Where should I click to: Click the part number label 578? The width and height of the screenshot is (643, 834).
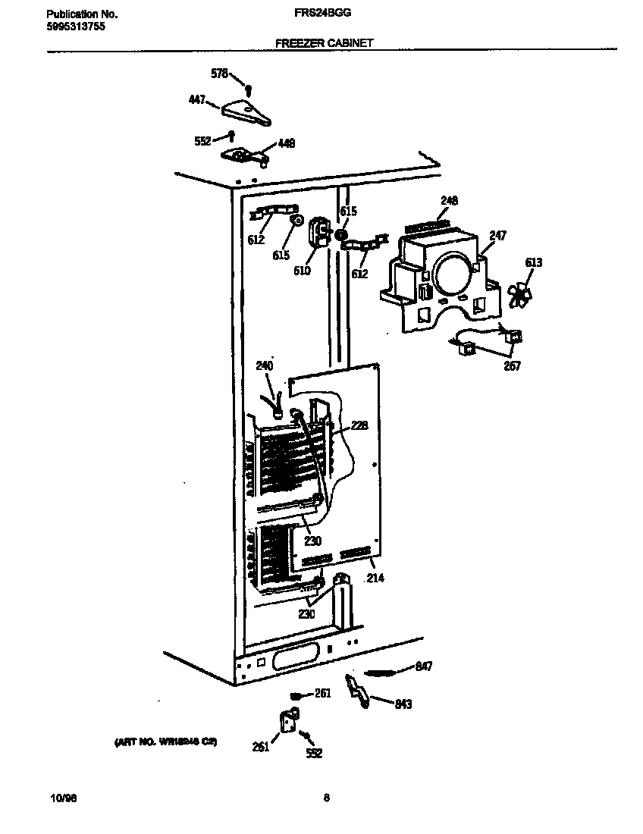pos(218,74)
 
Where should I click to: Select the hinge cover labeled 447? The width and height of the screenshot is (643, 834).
pos(246,114)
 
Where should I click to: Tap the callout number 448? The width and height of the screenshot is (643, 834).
pos(287,143)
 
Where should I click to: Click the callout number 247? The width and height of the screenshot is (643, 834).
pos(497,236)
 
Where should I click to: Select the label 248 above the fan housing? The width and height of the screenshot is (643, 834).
pos(450,201)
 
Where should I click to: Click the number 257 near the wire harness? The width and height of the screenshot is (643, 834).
pos(512,366)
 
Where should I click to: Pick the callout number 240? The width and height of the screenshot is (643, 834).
pos(264,366)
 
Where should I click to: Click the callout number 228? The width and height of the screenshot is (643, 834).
pos(359,426)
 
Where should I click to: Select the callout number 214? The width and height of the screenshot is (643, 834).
pos(375,578)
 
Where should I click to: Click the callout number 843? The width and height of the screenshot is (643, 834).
pos(403,704)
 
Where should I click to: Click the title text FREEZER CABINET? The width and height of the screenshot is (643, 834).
pos(324,43)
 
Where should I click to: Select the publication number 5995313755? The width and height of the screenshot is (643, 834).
pos(75,26)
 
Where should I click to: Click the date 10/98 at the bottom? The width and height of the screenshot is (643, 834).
pos(63,798)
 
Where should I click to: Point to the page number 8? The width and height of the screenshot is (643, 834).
pos(326,798)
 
